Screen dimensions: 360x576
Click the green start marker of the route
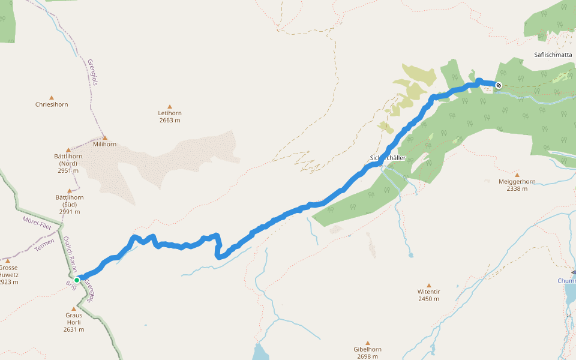[77, 280]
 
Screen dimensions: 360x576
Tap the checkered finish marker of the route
[499, 85]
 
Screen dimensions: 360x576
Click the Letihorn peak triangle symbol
[170, 106]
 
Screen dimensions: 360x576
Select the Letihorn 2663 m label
[170, 116]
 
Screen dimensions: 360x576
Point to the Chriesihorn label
[52, 104]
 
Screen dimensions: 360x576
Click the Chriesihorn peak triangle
[52, 97]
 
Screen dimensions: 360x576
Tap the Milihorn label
[104, 144]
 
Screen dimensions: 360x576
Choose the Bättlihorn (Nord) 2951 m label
[68, 163]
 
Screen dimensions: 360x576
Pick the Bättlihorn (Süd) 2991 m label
[69, 204]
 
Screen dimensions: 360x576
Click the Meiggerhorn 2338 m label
[517, 185]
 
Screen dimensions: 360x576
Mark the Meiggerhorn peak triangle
[517, 175]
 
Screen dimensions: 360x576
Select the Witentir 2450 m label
[428, 295]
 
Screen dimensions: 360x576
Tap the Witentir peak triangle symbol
[428, 285]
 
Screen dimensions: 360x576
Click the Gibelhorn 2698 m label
[368, 353]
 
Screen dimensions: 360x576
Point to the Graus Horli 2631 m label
[74, 322]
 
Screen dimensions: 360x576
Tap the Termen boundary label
[44, 245]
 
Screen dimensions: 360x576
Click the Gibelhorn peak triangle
[368, 343]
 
